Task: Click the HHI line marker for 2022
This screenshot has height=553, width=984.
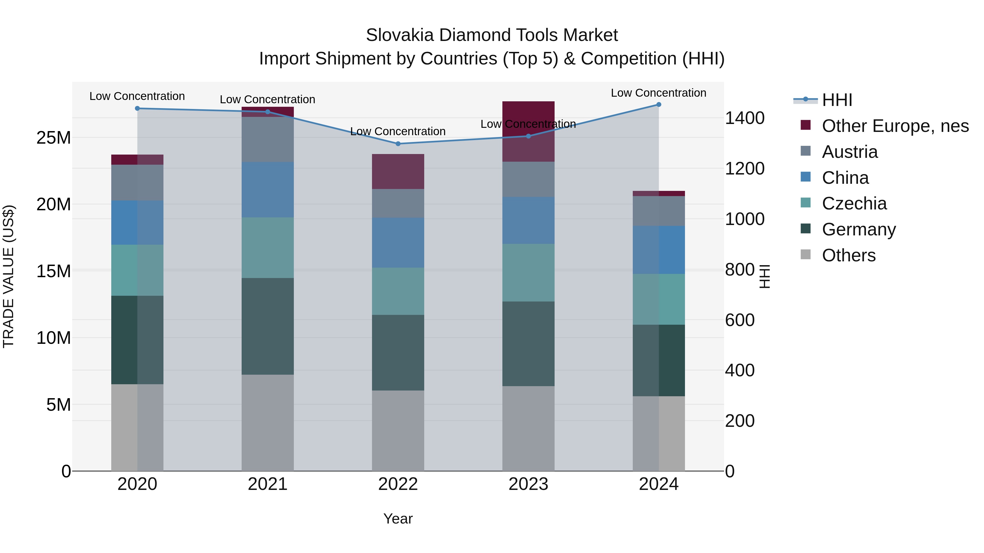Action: coord(398,144)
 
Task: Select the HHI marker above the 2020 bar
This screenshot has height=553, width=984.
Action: coord(137,108)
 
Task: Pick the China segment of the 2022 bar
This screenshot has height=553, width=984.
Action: coord(398,243)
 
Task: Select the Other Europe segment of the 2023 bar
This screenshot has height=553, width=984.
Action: coord(528,131)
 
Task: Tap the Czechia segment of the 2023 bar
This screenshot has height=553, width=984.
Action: coord(528,273)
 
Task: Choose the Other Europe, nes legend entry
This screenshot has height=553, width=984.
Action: coord(895,126)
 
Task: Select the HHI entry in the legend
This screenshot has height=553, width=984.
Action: coord(837,100)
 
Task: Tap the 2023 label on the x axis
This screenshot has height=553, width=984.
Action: coord(528,484)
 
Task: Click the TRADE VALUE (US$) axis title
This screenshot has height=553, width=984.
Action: coord(8,276)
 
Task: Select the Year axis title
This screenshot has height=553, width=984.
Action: coord(398,519)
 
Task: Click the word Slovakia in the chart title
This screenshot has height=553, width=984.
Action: coord(400,35)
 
